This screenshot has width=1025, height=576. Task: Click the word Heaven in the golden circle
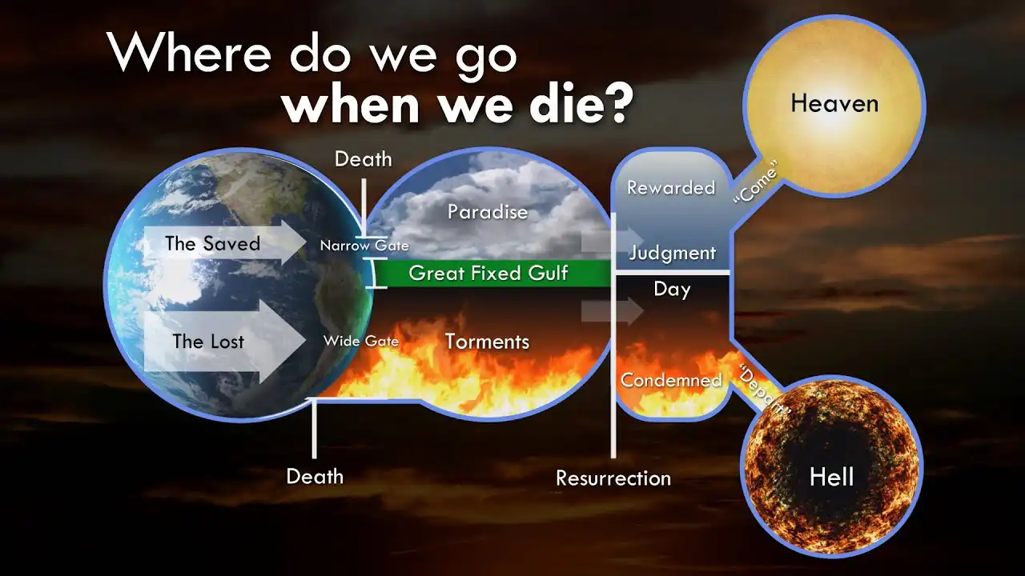pos(834,103)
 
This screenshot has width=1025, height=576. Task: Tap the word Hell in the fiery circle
pos(831,478)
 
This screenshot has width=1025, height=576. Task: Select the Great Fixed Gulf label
pos(488,273)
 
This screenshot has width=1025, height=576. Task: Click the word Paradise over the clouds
pos(488,212)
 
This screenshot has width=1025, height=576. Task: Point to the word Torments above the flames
pos(487,342)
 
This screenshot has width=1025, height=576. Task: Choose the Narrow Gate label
pos(364,246)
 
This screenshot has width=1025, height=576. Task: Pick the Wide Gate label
pos(361,341)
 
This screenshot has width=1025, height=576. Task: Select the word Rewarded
pos(671,188)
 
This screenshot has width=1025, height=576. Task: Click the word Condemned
pos(671,380)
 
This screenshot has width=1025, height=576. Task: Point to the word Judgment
pos(672,253)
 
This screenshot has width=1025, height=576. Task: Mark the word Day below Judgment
pos(672,289)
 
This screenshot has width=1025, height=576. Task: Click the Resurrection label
pos(613,478)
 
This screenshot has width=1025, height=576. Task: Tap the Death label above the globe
pos(363,159)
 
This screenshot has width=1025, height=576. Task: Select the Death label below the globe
pos(315,477)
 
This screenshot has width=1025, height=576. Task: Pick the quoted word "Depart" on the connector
pos(764,389)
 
